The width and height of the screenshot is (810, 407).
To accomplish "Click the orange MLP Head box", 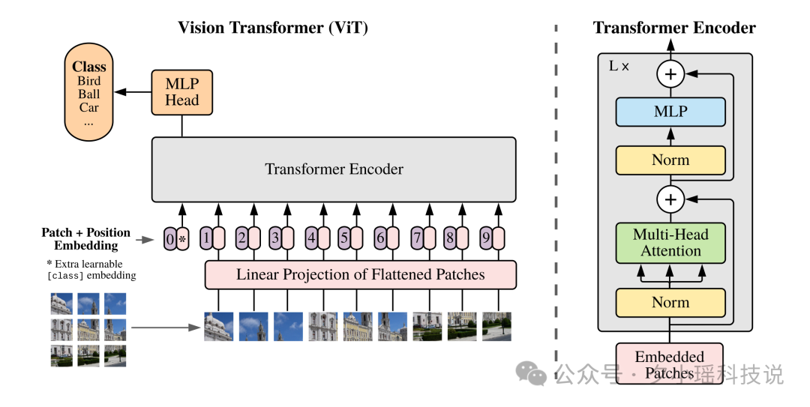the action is click(x=181, y=92).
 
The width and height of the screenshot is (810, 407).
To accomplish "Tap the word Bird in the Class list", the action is click(x=88, y=81).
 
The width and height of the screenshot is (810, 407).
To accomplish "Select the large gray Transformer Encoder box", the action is click(x=334, y=169).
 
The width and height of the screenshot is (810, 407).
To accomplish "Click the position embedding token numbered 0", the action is click(x=170, y=239).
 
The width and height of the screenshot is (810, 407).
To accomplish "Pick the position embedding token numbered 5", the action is click(x=344, y=238).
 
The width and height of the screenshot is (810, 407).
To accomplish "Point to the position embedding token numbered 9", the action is click(x=485, y=238).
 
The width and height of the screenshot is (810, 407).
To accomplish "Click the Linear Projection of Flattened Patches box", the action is click(x=361, y=275).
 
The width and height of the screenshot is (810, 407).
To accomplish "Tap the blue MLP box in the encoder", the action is click(x=670, y=112).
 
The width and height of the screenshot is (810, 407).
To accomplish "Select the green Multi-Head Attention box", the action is click(x=670, y=243).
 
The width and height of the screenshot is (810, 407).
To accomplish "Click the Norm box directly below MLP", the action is click(x=670, y=160).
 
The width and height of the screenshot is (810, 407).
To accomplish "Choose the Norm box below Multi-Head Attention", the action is click(x=670, y=303).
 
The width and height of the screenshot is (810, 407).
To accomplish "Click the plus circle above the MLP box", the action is click(x=670, y=74).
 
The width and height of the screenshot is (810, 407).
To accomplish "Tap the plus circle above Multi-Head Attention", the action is click(x=670, y=199).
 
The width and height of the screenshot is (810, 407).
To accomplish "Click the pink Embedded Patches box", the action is click(x=670, y=364).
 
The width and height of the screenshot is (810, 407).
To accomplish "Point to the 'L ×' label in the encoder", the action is click(x=619, y=66).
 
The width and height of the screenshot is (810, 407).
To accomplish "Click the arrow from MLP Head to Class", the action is click(x=133, y=92).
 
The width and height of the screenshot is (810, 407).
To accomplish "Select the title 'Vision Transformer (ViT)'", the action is click(x=273, y=28).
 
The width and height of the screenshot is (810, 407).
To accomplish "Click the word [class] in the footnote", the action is click(x=65, y=276).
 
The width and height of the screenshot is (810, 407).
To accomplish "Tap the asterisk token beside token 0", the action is click(x=183, y=239).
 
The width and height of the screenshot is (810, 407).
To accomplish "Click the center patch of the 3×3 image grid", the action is click(x=88, y=330).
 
